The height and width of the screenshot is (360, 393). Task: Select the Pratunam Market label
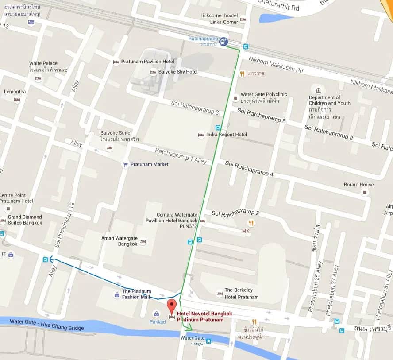[152, 164]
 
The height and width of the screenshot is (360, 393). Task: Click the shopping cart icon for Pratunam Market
[125, 165]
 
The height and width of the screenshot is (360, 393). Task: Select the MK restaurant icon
[251, 223]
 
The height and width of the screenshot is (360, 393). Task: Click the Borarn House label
[359, 185]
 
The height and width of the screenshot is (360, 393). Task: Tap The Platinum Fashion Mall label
[136, 294]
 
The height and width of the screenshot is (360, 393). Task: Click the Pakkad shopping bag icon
[156, 314]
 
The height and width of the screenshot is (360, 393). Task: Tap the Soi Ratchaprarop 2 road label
[235, 213]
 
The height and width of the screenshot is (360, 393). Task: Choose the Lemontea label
[15, 92]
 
